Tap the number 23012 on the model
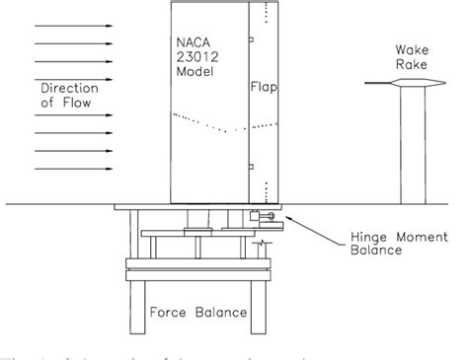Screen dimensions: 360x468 (195, 57)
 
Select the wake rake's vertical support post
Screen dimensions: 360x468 (407, 148)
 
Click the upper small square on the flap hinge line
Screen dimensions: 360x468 (252, 39)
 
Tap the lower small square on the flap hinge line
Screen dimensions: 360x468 (252, 165)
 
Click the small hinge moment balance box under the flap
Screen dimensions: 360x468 (258, 215)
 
